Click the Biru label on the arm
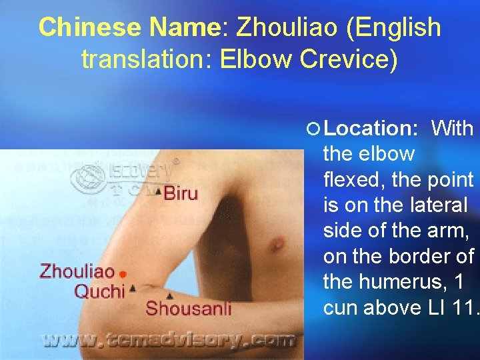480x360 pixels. (x=181, y=194)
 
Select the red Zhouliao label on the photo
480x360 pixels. (x=77, y=271)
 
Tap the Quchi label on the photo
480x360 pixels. (x=99, y=291)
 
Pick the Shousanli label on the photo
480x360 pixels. (x=189, y=308)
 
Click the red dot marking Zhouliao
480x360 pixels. (x=123, y=273)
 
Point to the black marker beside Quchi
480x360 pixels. (x=133, y=288)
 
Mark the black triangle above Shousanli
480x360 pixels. (x=171, y=295)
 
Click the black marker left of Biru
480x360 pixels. (x=158, y=193)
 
